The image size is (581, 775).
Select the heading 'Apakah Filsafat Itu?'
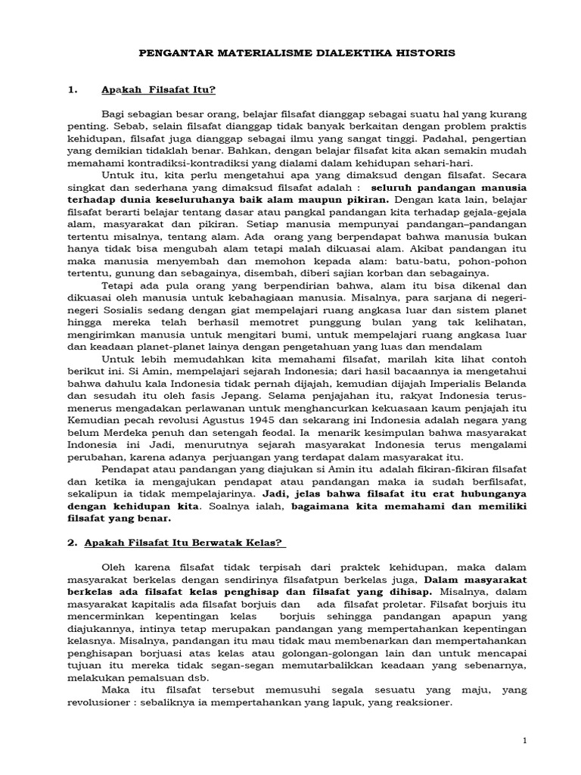(x=159, y=91)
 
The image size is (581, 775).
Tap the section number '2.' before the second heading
(x=73, y=543)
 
